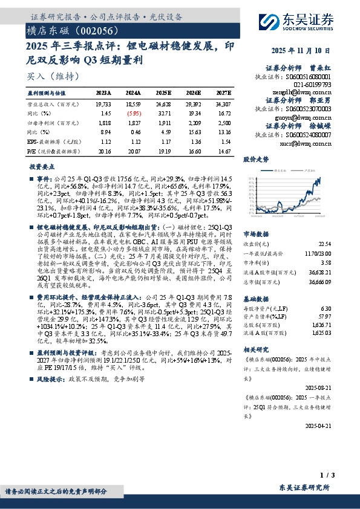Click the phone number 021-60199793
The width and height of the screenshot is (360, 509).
[314, 85]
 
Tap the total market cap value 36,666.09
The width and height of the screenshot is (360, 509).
[321, 281]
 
